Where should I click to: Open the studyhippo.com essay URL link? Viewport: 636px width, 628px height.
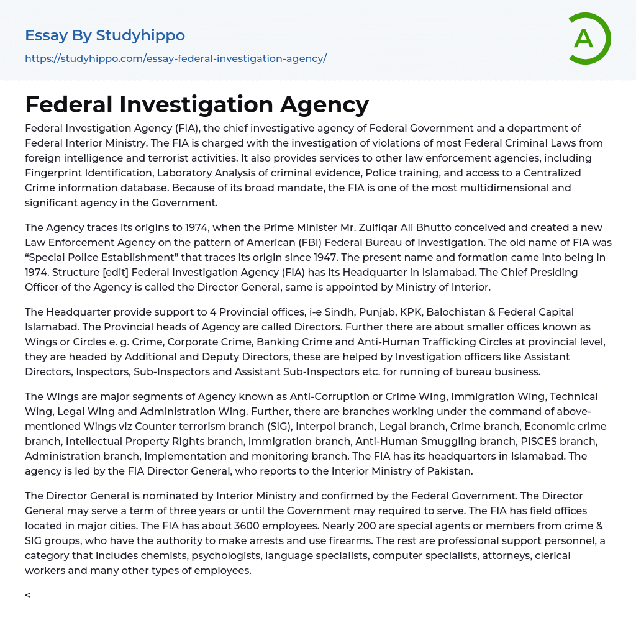(175, 59)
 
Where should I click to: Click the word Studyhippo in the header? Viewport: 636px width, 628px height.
(140, 35)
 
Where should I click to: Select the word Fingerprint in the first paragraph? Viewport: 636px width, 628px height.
(53, 173)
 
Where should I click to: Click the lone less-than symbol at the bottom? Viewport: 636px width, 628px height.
(27, 595)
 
